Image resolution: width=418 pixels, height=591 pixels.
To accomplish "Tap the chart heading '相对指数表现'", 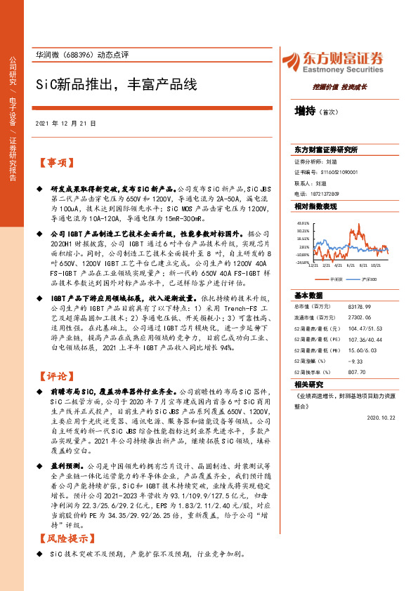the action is [x=315, y=206].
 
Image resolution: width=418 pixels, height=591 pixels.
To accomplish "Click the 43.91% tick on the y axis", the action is [x=303, y=222].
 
